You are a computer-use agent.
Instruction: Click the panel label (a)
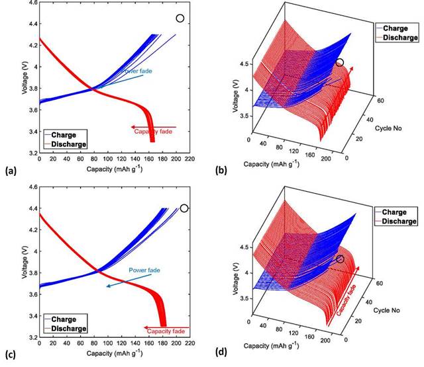coord(10,171)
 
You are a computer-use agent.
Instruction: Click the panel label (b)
coord(222,171)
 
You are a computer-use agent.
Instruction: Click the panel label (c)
coord(10,357)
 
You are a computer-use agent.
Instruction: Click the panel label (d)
coord(222,357)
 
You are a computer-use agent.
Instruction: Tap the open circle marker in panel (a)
coord(180,19)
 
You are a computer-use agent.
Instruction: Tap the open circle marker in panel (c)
coord(184,208)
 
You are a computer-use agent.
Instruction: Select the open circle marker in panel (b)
coord(340,63)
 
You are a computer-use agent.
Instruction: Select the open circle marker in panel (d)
coord(340,259)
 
